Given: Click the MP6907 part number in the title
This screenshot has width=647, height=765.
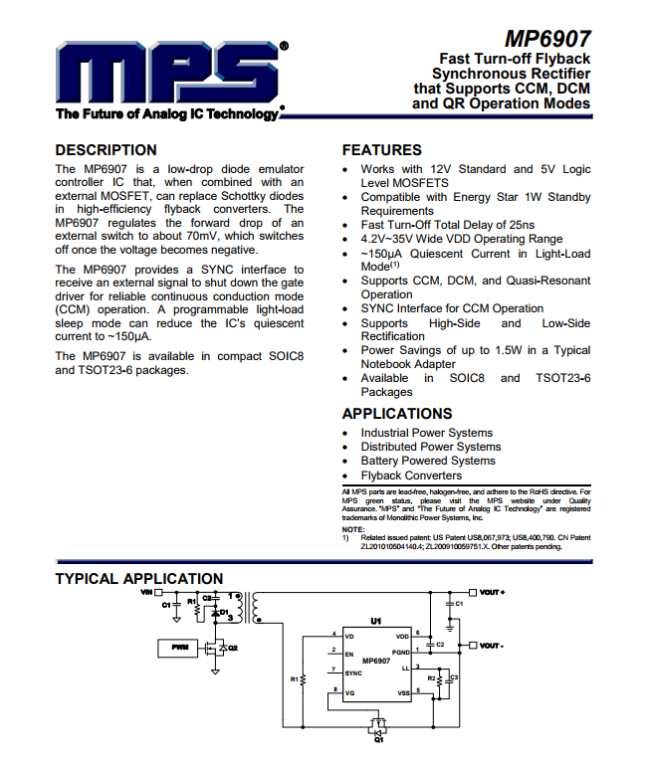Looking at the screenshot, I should point(546,39).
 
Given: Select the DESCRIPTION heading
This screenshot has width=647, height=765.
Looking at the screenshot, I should point(106,150).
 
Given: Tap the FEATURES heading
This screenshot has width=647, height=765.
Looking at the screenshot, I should point(381,150).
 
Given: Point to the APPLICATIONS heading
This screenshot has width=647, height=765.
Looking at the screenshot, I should point(396,413).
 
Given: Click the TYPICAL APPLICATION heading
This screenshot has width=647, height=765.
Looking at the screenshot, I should point(138,579).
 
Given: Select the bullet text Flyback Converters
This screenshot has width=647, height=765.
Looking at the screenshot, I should point(411,476).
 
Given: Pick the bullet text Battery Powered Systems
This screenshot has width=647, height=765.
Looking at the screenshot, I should point(427,461).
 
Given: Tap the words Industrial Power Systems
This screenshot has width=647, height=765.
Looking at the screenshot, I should point(426,433).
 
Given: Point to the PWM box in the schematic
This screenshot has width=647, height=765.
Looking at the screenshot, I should point(179,648).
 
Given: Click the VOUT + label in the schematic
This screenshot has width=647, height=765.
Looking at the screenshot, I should point(493,592).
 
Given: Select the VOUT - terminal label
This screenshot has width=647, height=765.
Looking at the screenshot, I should point(492,646).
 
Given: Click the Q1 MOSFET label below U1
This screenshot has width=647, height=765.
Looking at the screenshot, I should point(378,740).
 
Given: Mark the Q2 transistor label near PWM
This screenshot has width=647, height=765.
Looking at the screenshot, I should point(234,648).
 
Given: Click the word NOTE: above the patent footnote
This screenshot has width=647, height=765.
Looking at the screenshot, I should point(352,529).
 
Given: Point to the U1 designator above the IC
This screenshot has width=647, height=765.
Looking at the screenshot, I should point(375,621).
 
